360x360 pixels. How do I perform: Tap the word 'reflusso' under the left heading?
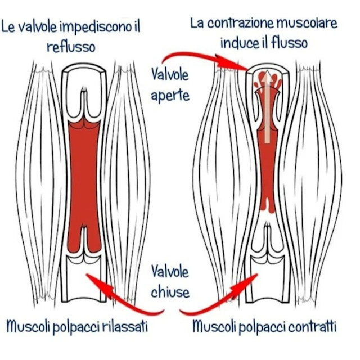point(70,46)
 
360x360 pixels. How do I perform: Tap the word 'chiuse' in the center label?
point(170,292)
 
